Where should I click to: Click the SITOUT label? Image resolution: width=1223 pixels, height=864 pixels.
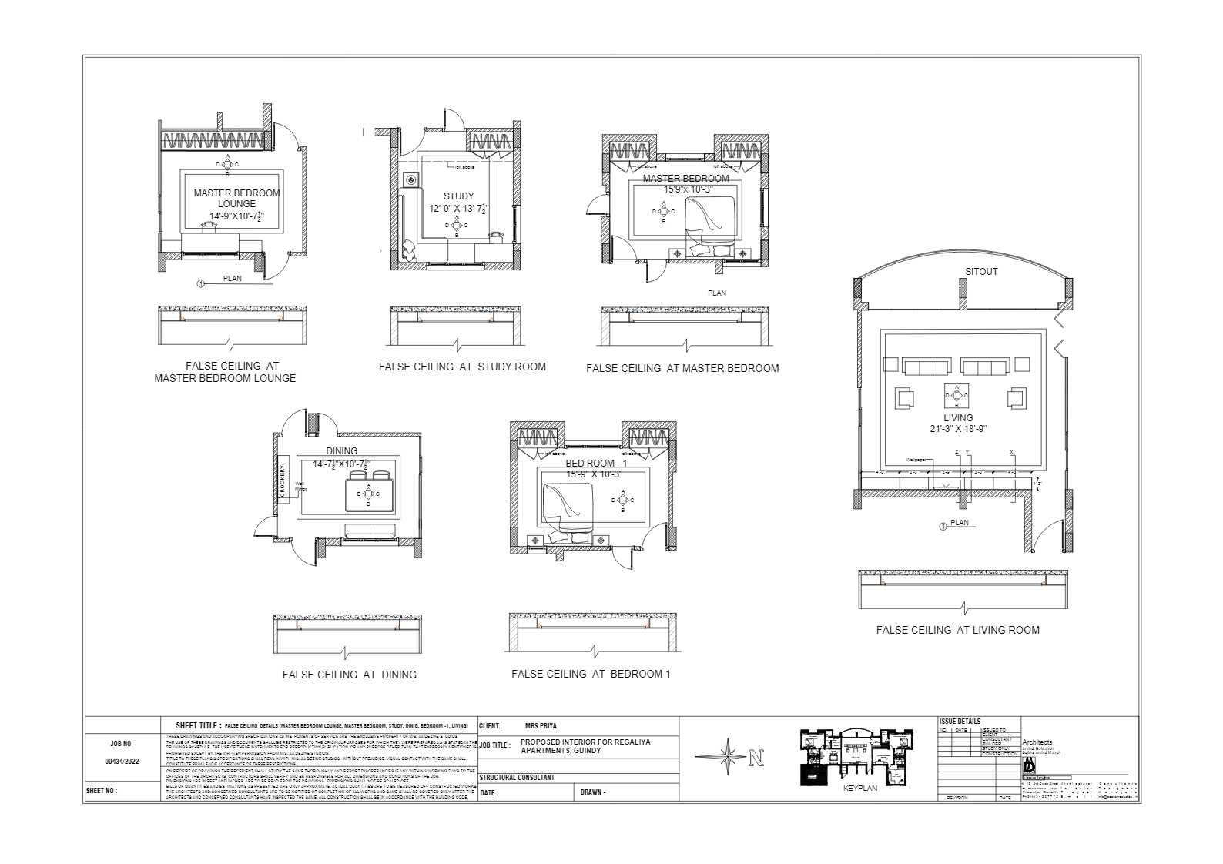[x=981, y=272]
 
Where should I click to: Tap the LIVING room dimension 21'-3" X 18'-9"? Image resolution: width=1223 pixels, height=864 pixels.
[x=958, y=429]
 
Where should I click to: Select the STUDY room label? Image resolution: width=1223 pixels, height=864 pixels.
[x=458, y=196]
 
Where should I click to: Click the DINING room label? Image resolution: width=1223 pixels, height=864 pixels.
[x=341, y=451]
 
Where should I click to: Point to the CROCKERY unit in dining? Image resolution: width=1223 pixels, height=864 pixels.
[x=282, y=484]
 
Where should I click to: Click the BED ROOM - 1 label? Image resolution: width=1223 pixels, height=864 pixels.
[x=596, y=464]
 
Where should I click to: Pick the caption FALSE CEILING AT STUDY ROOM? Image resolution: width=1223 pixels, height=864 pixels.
[x=462, y=367]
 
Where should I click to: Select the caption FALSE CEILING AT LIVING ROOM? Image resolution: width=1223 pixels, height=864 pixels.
[x=957, y=630]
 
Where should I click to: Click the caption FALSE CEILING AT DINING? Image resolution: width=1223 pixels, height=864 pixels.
[x=349, y=675]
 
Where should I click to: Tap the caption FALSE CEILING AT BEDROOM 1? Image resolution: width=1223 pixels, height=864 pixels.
[x=591, y=674]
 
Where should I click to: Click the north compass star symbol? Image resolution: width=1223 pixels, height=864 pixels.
[x=727, y=757]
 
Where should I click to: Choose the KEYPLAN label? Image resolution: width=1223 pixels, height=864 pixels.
[x=859, y=789]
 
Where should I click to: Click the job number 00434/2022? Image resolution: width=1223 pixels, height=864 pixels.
[x=122, y=761]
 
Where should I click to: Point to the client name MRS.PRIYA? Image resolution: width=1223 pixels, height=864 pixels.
[x=540, y=726]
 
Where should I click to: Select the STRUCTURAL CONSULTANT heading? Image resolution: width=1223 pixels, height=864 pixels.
[x=517, y=778]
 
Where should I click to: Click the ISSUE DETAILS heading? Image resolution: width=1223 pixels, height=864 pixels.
[x=960, y=722]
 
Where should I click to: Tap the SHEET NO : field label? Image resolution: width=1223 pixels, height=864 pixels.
[x=101, y=790]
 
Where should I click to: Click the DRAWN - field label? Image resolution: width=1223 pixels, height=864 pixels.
[x=592, y=792]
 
